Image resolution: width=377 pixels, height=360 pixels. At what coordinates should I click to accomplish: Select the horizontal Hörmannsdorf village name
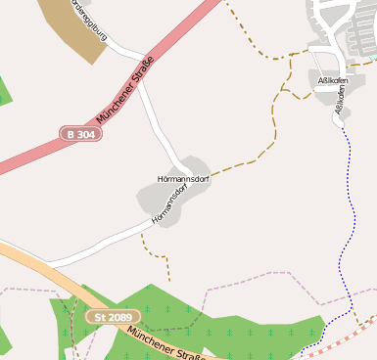tap(183, 179)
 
